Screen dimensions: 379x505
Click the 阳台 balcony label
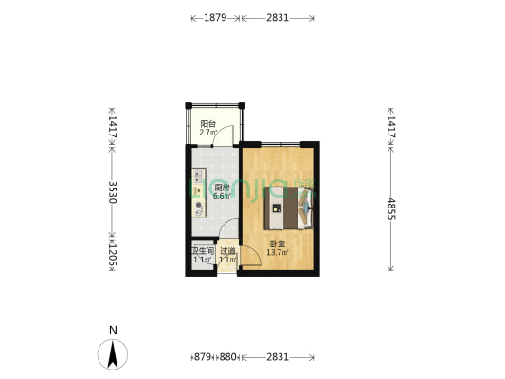pos(207,125)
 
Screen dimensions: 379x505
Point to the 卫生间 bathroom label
pos(200,251)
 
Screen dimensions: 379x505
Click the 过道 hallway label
pos(227,251)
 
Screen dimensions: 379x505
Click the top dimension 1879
pos(215,18)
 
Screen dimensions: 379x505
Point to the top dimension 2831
pos(278,18)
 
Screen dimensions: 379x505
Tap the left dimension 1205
pos(113,254)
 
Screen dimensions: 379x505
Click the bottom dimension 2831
pos(278,357)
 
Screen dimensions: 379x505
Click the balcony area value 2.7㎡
pos(207,134)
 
